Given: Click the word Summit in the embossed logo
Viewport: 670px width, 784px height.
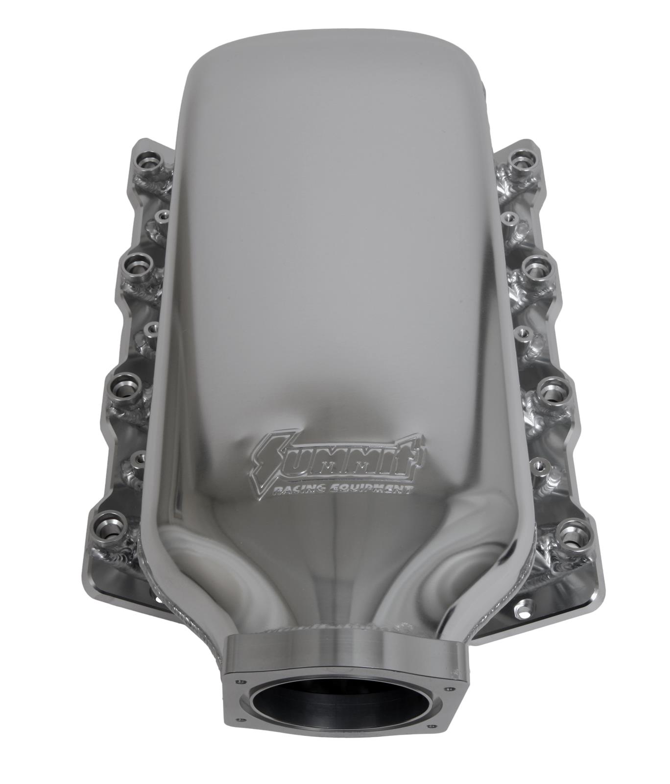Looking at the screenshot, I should pos(338,455).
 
